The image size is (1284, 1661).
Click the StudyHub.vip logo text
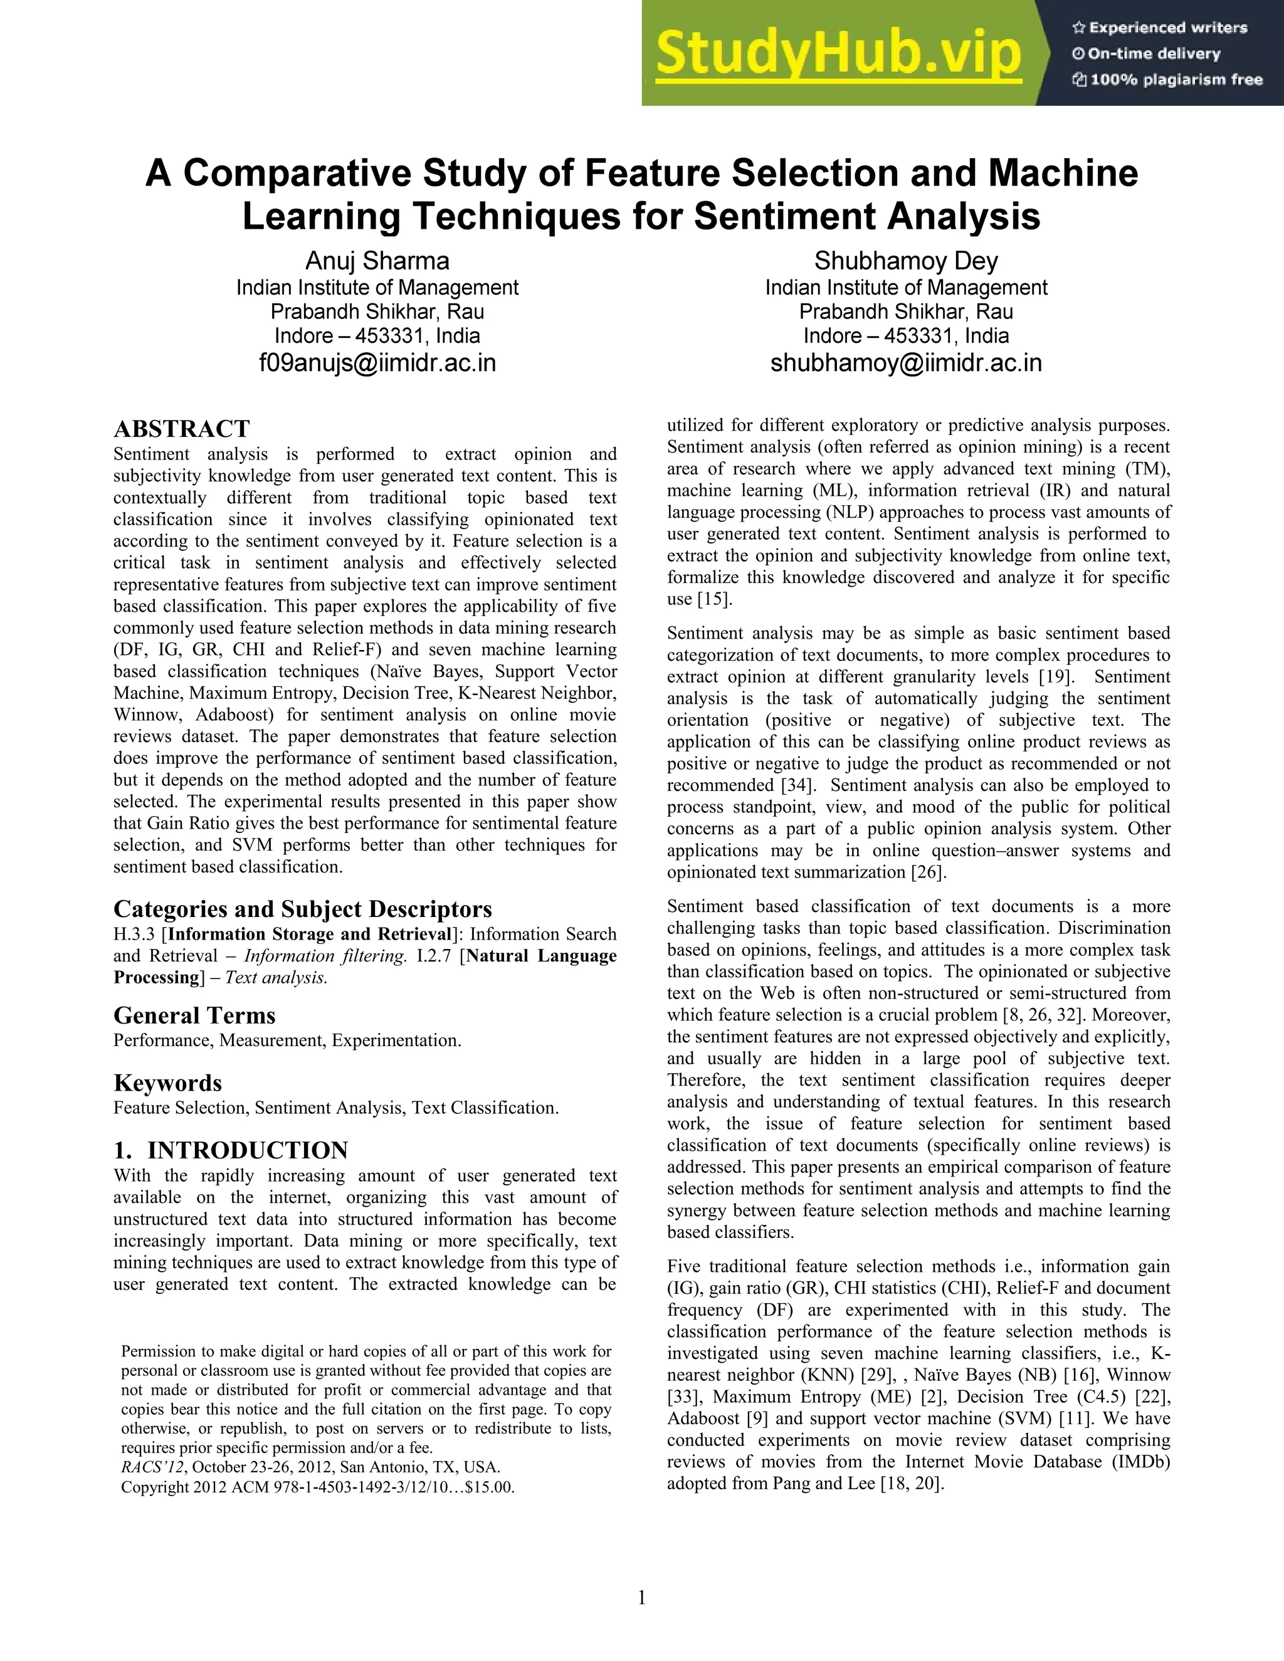tap(838, 53)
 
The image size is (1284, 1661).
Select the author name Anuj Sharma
tap(377, 261)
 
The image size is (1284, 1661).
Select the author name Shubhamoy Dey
tap(906, 261)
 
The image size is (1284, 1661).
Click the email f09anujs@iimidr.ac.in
tap(377, 363)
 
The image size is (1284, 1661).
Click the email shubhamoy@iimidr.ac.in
tap(906, 363)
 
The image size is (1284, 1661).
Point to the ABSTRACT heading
tap(181, 428)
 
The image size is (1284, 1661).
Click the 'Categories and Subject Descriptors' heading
tap(303, 909)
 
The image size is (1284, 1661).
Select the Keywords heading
tap(167, 1083)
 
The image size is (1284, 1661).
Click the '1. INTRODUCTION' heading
tap(231, 1150)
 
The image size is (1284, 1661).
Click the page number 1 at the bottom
tap(641, 1597)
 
